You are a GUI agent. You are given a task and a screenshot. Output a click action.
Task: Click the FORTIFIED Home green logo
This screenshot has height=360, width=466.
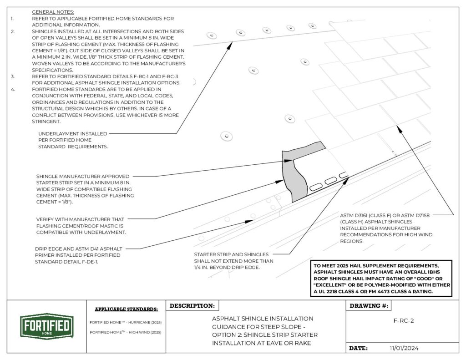(x=45, y=326)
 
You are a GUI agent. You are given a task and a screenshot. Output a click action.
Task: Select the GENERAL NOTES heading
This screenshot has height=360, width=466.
(x=53, y=11)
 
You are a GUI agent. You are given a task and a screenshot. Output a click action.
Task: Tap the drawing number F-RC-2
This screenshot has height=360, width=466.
(x=403, y=320)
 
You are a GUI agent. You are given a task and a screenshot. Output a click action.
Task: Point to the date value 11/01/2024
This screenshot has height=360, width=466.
(x=404, y=348)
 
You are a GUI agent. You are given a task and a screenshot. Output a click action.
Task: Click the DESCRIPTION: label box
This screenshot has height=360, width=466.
(x=192, y=306)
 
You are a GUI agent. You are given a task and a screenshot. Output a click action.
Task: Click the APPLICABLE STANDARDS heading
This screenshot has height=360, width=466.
(x=126, y=309)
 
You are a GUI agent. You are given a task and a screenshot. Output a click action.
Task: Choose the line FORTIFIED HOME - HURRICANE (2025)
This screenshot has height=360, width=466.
(x=126, y=322)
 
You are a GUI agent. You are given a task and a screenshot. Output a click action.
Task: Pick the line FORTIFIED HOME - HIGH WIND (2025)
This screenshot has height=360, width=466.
(x=126, y=332)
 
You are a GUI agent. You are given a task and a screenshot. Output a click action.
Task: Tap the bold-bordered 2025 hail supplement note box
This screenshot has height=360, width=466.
(x=381, y=279)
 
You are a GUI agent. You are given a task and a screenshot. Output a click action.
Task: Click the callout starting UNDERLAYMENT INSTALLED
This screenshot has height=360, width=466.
(x=73, y=140)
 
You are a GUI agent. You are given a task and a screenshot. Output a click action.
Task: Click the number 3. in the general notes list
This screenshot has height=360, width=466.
(x=13, y=76)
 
